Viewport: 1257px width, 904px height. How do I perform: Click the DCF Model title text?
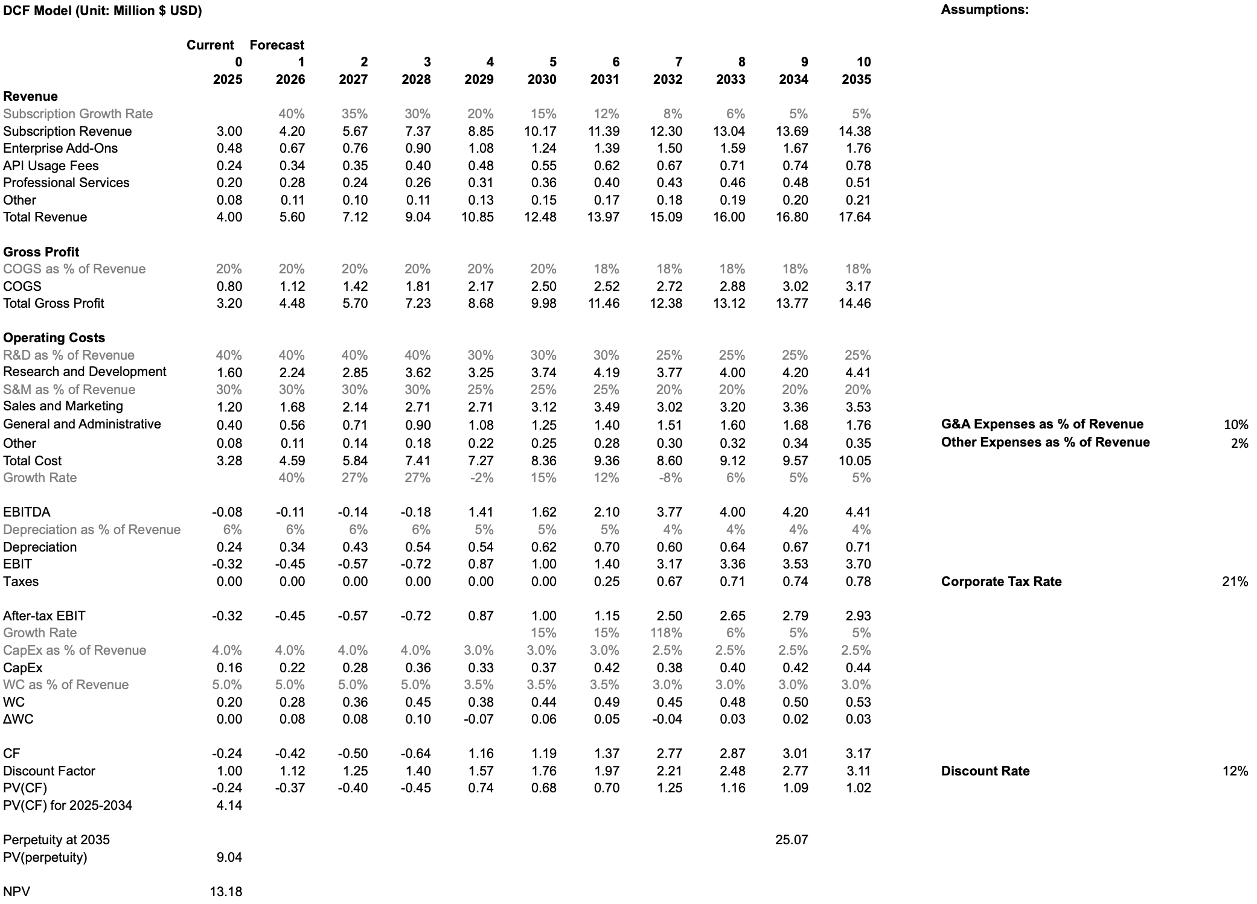point(102,11)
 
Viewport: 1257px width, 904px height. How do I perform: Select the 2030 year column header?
point(542,80)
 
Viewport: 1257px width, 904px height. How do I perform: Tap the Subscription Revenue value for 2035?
point(854,132)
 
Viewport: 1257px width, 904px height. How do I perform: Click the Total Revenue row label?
point(45,217)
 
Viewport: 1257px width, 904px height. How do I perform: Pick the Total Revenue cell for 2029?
point(478,217)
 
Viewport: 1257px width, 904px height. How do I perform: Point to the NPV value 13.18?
point(226,892)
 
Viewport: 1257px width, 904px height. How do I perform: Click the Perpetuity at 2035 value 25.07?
point(791,840)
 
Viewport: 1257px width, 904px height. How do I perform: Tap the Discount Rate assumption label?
point(985,771)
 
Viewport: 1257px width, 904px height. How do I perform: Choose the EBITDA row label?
point(27,512)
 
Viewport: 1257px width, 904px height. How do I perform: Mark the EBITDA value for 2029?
point(481,512)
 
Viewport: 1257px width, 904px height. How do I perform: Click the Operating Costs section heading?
point(54,338)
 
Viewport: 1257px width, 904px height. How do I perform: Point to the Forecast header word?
point(277,45)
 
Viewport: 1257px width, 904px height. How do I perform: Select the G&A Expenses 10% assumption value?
point(1236,425)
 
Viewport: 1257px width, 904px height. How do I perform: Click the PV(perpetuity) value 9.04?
point(229,858)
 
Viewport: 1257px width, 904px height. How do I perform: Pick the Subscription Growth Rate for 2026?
point(292,114)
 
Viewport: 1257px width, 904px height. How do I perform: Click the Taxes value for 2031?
point(606,582)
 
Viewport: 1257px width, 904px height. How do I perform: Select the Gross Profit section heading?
point(41,252)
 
